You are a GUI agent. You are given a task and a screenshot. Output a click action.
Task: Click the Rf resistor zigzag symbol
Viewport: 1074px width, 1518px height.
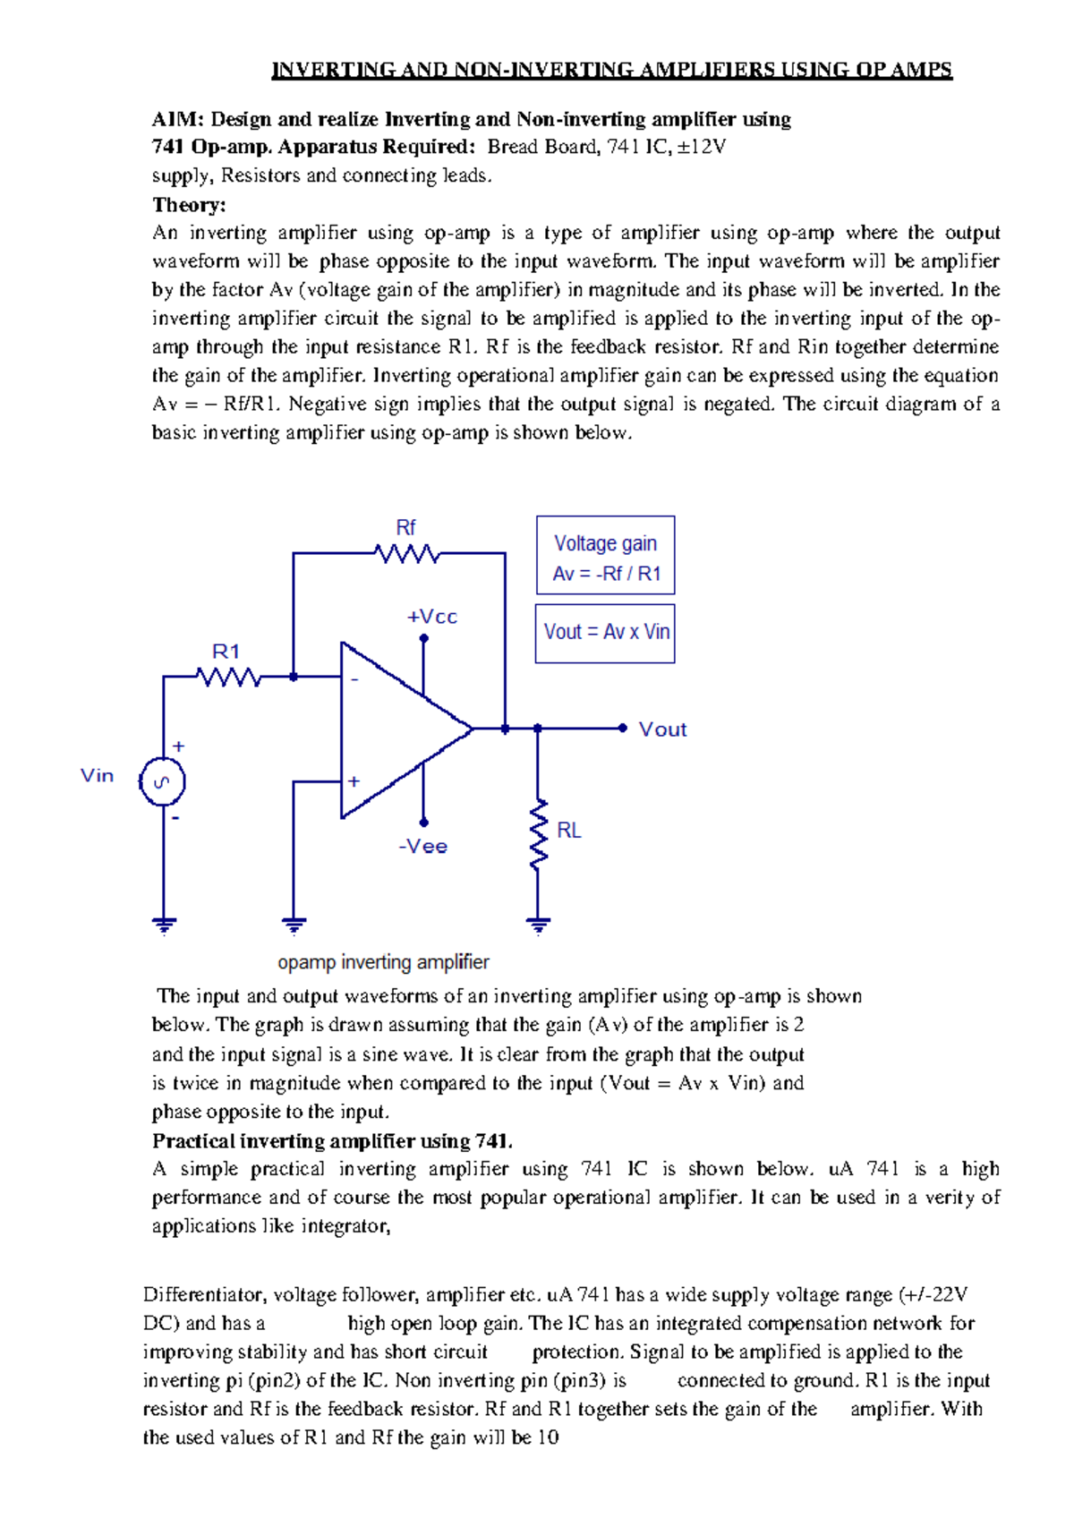tap(408, 554)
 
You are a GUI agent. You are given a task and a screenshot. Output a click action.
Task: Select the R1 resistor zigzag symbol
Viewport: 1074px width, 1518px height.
tap(229, 678)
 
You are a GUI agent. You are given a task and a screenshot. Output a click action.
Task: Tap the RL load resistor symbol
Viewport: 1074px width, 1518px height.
tap(538, 834)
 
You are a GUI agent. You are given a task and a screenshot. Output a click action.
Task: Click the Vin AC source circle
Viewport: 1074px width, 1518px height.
tap(162, 782)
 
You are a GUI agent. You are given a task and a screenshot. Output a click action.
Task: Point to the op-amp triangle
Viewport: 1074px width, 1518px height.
tap(394, 729)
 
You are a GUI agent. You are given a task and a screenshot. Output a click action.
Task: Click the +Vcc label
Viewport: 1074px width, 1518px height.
tap(432, 617)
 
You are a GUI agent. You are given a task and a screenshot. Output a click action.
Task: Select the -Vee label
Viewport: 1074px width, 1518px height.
tap(423, 847)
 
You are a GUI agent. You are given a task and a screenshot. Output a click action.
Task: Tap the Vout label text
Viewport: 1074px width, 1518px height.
tap(662, 729)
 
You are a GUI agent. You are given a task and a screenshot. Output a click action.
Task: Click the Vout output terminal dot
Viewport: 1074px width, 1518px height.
tap(623, 729)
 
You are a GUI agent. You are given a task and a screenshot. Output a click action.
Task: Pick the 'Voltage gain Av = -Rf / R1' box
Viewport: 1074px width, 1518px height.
tap(606, 556)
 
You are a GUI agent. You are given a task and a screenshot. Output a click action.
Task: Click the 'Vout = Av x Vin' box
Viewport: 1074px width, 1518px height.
tap(606, 633)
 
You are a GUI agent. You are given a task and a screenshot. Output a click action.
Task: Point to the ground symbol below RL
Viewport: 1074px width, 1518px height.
tap(538, 925)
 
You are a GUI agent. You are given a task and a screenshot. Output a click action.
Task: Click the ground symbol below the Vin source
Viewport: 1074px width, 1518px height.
tap(163, 925)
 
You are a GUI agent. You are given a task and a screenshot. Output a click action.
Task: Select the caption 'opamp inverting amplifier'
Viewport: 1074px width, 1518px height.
tap(383, 962)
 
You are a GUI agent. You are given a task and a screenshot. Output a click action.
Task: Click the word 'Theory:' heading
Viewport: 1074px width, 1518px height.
tap(189, 205)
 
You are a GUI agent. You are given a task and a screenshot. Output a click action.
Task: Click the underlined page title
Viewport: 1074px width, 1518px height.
tap(611, 70)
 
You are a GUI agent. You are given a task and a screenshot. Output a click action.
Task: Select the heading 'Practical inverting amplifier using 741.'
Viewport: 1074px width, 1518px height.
tap(332, 1141)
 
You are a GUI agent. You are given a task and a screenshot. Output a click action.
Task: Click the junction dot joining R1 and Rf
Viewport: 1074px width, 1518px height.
tap(294, 678)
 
